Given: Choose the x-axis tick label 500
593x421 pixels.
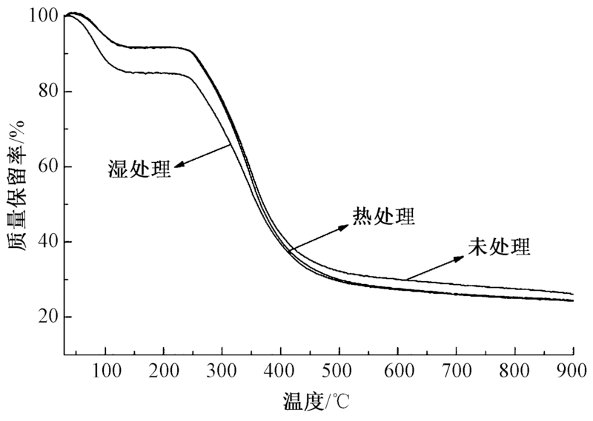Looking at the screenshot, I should [x=339, y=371].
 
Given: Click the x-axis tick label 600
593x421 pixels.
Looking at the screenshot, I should [x=398, y=371].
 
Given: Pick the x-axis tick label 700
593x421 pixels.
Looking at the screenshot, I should [x=457, y=371].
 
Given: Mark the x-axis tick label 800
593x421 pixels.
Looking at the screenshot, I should [x=515, y=371].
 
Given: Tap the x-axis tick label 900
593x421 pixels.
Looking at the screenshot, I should [x=573, y=371].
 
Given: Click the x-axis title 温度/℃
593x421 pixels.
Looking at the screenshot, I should [x=317, y=403].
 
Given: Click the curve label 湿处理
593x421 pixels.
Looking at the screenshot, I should [x=137, y=169].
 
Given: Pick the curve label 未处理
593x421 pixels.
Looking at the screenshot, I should [x=499, y=246].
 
